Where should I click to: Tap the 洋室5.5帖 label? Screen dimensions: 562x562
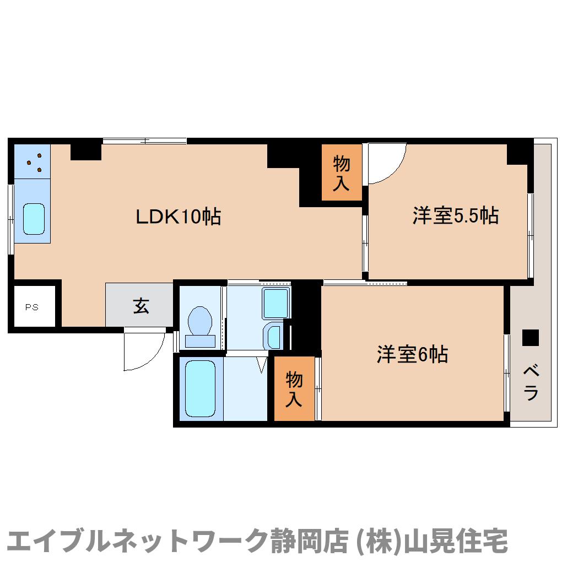click(455, 215)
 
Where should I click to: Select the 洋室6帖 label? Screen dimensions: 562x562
click(412, 354)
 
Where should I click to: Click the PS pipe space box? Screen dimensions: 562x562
click(32, 307)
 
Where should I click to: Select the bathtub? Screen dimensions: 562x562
click(199, 388)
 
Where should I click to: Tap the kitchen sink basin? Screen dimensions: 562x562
click(34, 219)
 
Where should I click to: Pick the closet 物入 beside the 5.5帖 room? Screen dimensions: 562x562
click(342, 172)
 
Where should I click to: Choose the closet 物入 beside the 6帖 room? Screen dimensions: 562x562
click(294, 389)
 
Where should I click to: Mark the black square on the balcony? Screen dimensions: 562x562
click(530, 337)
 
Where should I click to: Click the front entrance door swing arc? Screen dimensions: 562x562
click(144, 352)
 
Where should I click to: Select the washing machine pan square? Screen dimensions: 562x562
click(276, 303)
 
